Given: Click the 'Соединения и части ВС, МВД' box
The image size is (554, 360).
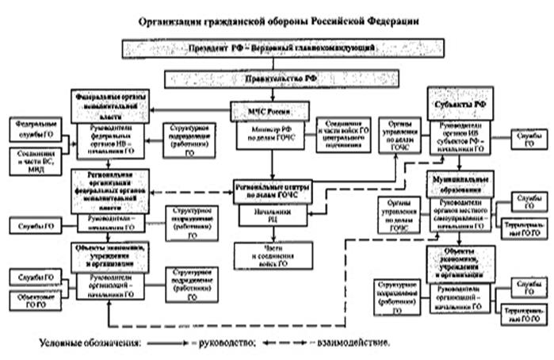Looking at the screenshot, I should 31,155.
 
